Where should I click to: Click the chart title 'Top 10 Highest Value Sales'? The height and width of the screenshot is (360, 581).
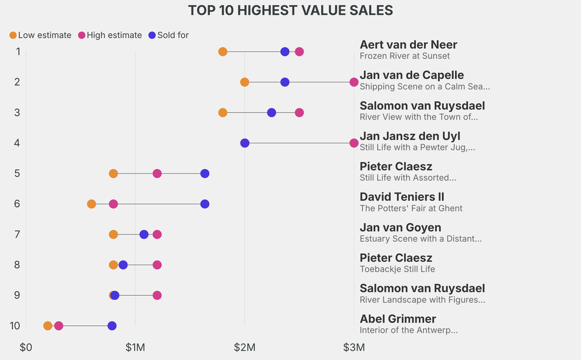coord(290,10)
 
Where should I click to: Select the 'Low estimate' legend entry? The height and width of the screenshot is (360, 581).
coord(40,35)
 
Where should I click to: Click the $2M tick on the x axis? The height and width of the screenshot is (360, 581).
coord(245,346)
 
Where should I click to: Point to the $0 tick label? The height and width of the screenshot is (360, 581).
coord(26,346)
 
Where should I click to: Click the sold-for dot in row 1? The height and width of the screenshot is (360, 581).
coord(285,52)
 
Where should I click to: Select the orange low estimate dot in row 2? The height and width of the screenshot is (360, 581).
coord(245,82)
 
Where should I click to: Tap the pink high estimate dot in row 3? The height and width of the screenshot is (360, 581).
coord(299,112)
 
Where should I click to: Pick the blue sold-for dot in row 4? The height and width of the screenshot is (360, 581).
coord(245,143)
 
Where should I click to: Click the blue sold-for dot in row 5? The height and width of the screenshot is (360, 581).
coord(205,173)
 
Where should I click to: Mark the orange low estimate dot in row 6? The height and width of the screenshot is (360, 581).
coord(91,204)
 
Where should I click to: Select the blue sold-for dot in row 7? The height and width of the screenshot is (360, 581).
coord(144,235)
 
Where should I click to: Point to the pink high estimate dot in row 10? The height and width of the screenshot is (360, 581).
coord(58,326)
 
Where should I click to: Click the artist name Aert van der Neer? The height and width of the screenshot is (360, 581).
coord(408,45)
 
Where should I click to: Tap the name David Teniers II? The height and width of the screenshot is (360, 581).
coord(402,197)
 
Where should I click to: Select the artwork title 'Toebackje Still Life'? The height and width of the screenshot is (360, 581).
coord(397,269)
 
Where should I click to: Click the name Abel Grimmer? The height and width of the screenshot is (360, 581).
coord(398,319)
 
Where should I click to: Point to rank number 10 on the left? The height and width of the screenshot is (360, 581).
coord(15,326)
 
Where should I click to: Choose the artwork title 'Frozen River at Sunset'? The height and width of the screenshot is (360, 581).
coord(405,56)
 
